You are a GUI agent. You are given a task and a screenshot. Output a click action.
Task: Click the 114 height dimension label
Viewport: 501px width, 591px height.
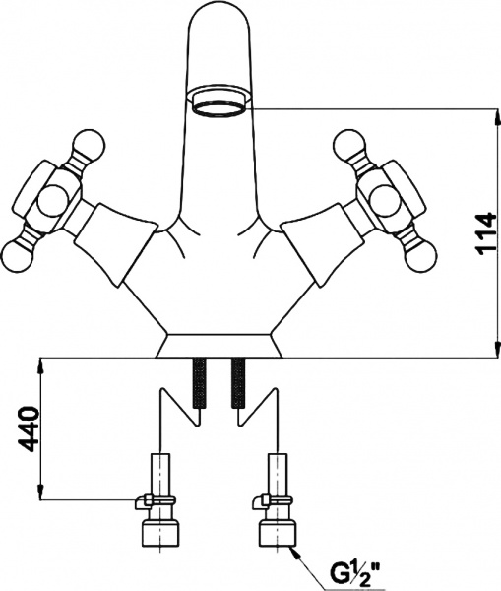(x=485, y=234)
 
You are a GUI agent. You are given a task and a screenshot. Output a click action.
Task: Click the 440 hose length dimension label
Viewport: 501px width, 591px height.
(x=29, y=429)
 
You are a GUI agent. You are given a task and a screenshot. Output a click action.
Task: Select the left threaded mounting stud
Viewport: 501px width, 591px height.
(x=199, y=383)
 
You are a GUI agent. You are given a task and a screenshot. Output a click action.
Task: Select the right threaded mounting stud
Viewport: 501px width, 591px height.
(x=238, y=383)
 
